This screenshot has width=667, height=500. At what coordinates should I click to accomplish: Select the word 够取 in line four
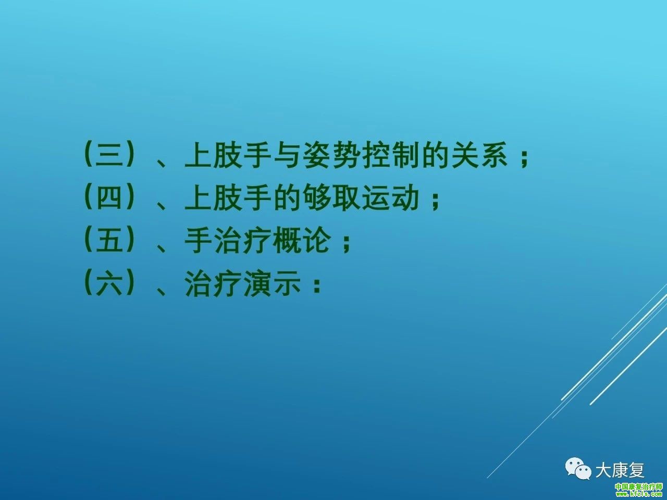pos(332,197)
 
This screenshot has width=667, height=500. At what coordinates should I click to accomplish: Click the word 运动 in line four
pos(391,197)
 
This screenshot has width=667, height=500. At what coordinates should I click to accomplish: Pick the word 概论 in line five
pos(302,240)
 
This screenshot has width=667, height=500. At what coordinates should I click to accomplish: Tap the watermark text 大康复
pos(620,470)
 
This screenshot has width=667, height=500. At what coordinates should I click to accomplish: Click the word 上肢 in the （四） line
pos(213,197)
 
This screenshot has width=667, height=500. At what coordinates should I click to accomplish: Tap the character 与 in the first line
pos(287,154)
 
